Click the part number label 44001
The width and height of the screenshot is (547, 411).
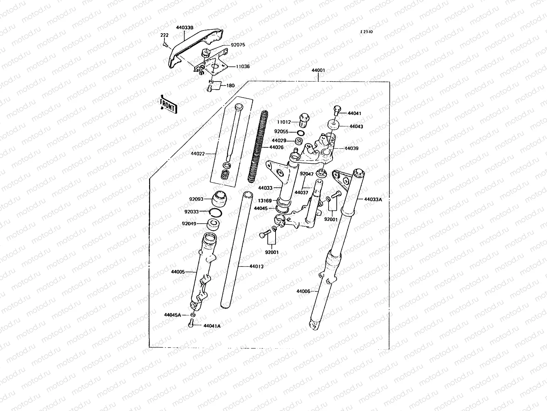click(x=318, y=70)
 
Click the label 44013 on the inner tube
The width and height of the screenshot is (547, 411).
click(x=256, y=266)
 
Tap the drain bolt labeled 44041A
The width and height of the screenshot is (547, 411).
click(x=191, y=323)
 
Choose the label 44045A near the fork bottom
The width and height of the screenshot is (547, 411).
click(x=172, y=315)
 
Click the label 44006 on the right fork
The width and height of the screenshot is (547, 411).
click(x=303, y=291)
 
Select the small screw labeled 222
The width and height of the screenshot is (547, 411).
click(x=165, y=43)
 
